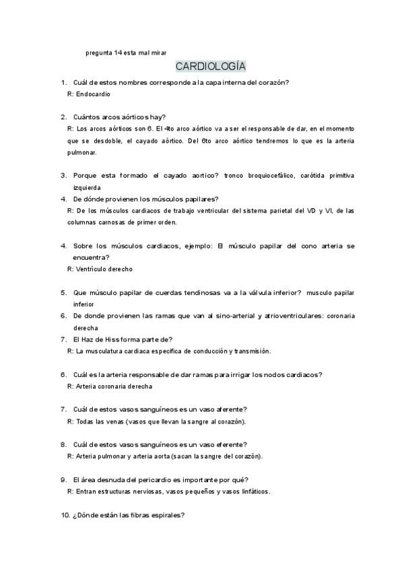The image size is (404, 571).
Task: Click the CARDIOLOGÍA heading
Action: pos(211,66)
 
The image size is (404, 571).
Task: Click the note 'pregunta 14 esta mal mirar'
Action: pos(127,52)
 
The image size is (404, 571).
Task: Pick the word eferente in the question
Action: pos(232,444)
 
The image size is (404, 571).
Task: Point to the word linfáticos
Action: pos(252,492)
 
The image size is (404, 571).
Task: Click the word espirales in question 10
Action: pos(168,515)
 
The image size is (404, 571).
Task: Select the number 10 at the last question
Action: pos(65,515)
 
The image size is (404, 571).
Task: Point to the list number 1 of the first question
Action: pos(63,82)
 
